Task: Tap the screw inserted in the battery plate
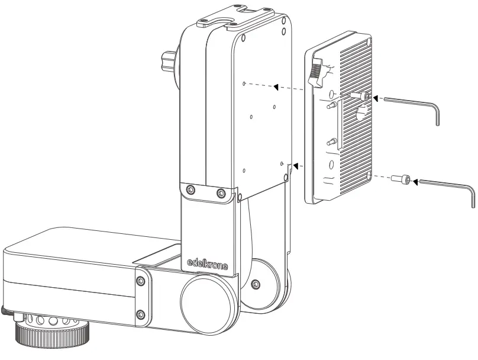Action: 362,95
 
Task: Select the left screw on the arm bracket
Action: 190,189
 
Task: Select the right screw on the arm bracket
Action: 221,192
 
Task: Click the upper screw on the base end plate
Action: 140,281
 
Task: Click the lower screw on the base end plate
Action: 140,314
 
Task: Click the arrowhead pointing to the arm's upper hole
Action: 275,88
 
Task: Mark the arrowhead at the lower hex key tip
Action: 414,180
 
